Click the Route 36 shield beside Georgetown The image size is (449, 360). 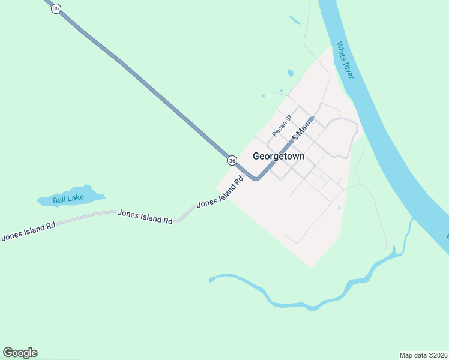(232, 160)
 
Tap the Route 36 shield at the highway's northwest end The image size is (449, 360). (56, 9)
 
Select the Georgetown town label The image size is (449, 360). (279, 156)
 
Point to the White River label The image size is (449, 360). (345, 60)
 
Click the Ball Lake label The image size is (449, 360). (68, 199)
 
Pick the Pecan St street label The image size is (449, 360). (281, 125)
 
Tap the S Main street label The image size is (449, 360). (302, 130)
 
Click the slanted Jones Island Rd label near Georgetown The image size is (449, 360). (220, 192)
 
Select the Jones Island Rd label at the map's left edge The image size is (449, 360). (28, 231)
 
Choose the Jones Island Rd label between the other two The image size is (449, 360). (145, 217)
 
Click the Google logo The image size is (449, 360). (20, 353)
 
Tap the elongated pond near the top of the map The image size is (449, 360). (294, 20)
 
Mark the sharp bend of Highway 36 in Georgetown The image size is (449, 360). (256, 178)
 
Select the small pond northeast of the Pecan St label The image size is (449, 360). (291, 73)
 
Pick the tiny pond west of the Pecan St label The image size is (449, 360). (263, 95)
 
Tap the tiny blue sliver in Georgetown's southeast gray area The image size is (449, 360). (339, 208)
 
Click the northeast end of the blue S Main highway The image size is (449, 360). (312, 118)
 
